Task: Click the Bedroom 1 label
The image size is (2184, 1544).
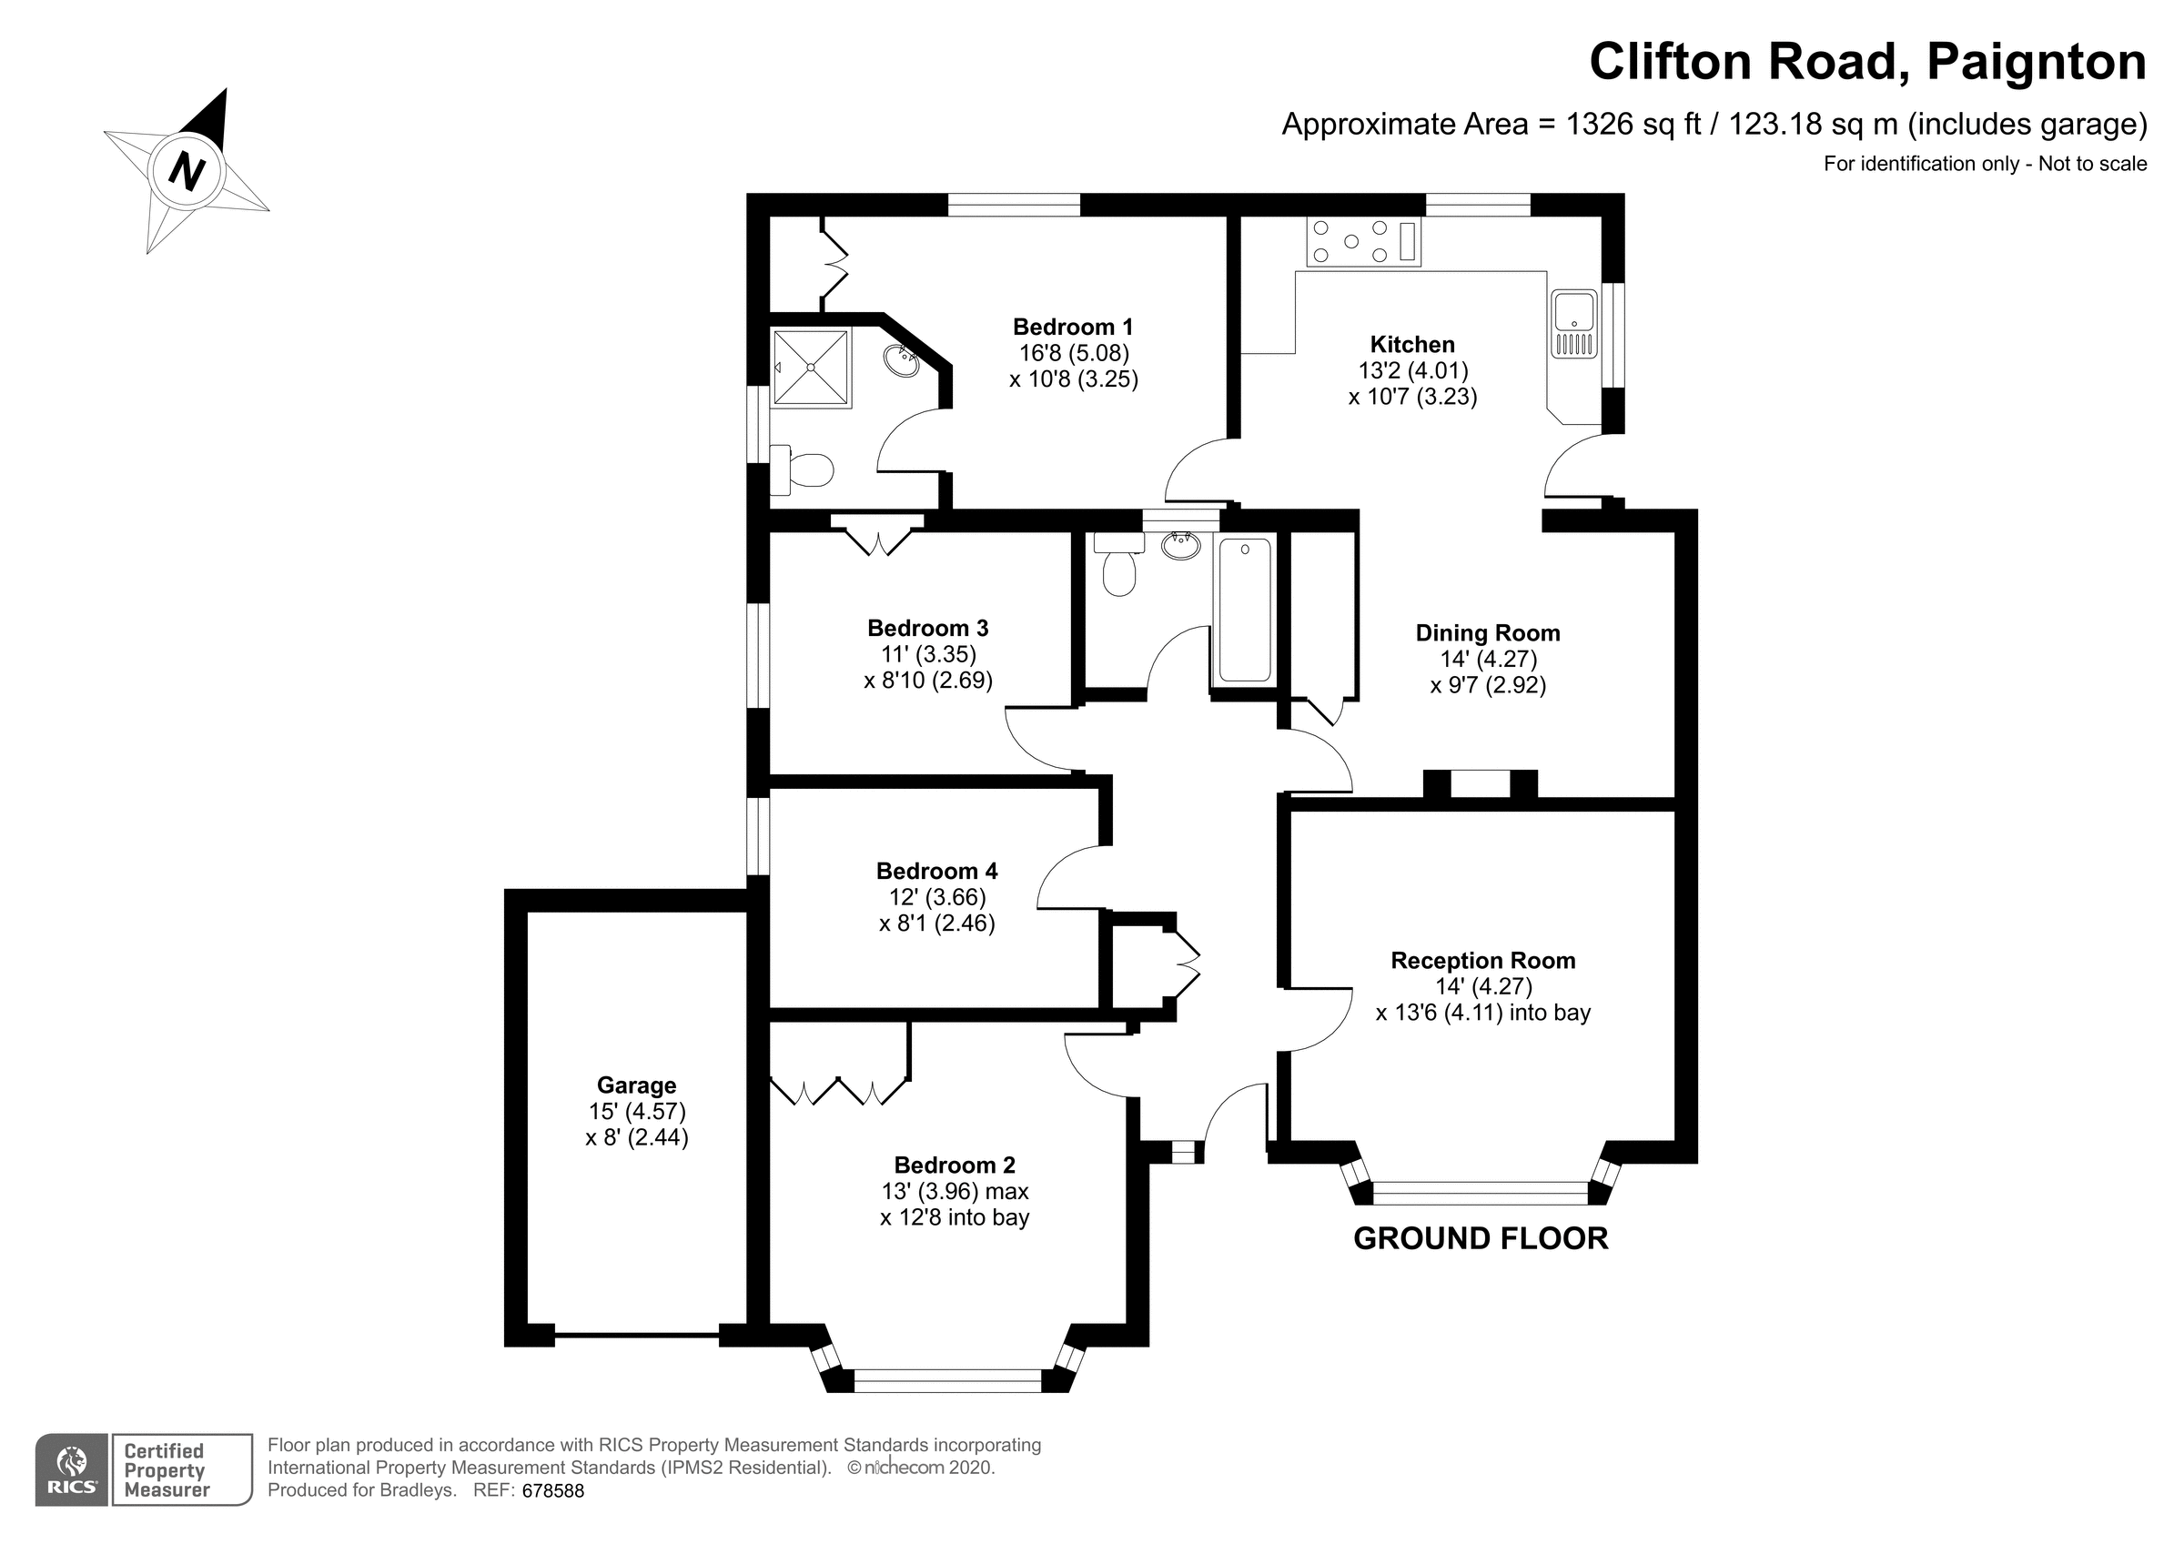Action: [1073, 328]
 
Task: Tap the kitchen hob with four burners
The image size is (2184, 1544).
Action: [1363, 241]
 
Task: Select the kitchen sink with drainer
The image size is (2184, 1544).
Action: [1574, 325]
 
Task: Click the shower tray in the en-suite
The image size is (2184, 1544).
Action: [811, 367]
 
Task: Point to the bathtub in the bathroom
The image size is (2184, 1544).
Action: [1244, 609]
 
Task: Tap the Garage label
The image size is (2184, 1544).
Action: [636, 1085]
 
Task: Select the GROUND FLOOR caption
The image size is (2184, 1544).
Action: [1480, 1238]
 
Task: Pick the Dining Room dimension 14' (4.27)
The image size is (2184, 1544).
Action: [1488, 659]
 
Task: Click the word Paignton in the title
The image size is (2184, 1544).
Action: [2037, 62]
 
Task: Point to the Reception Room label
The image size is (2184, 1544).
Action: [1482, 961]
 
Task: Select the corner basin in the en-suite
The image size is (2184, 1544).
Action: [901, 360]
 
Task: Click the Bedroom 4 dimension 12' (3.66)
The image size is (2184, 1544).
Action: [936, 897]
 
